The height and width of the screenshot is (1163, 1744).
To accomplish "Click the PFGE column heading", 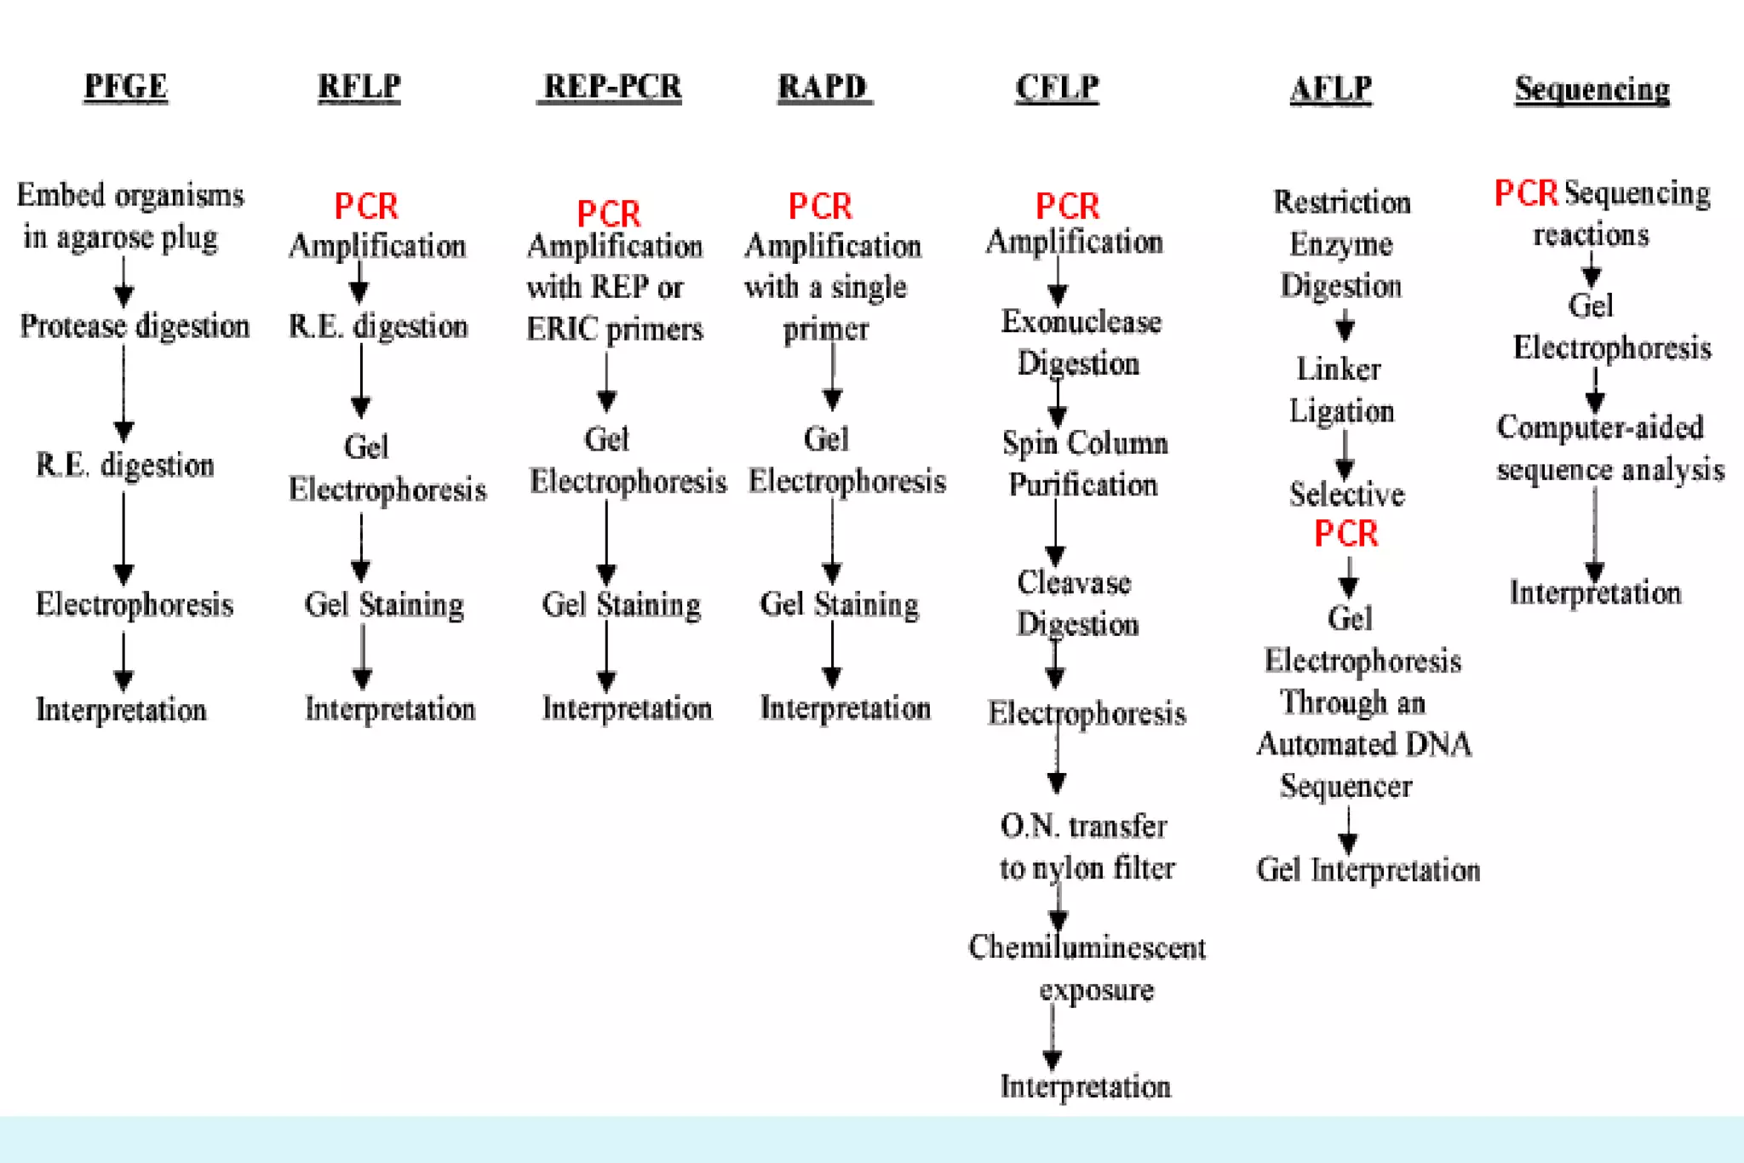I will (x=126, y=87).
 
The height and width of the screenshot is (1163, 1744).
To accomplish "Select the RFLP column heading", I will (x=359, y=87).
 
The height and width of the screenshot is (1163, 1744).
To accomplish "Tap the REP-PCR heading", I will (x=611, y=87).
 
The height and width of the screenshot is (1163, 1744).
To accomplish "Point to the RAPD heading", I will (x=823, y=87).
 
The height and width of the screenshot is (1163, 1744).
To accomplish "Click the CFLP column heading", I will (x=1057, y=87).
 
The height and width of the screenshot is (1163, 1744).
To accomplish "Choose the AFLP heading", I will (x=1331, y=89).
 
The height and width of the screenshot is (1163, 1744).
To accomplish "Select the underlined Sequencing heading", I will (x=1592, y=89).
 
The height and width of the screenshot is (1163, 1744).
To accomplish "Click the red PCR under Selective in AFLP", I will (x=1345, y=534).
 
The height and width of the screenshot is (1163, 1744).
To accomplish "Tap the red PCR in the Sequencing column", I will (x=1526, y=194).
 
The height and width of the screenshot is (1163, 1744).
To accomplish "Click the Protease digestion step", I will (x=135, y=326).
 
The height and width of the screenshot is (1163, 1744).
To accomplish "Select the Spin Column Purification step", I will (x=1084, y=463).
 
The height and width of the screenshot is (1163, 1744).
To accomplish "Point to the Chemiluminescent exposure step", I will (x=1087, y=968).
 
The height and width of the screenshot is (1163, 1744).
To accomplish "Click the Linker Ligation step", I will (x=1341, y=390).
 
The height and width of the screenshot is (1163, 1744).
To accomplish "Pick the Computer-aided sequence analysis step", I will (x=1609, y=448).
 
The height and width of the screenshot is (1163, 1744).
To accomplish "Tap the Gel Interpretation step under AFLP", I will (x=1368, y=870).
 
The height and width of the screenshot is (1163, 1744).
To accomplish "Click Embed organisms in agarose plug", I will (x=129, y=215).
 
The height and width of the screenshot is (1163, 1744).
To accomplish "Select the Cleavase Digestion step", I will (x=1076, y=603).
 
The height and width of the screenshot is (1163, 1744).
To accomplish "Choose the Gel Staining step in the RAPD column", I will (x=839, y=604).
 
